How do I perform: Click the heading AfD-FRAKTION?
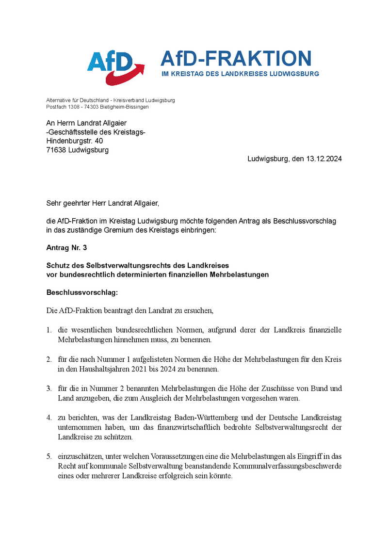pos(236,58)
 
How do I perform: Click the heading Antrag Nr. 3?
pos(66,248)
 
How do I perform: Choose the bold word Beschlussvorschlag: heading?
pos(82,293)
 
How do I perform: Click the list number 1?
pos(49,330)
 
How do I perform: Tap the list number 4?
pos(49,417)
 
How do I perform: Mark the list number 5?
pos(49,456)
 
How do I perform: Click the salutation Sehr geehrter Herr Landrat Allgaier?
pos(102,203)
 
